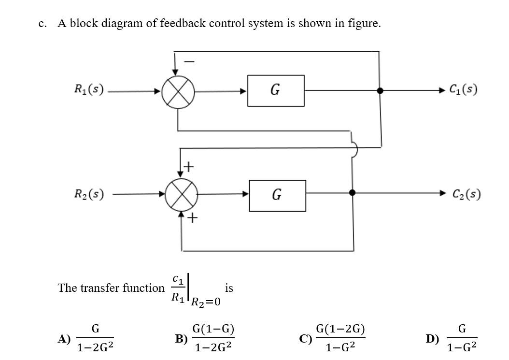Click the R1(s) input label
pyautogui.click(x=89, y=89)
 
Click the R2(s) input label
pyautogui.click(x=89, y=194)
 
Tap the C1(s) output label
pyautogui.click(x=463, y=90)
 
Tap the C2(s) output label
pyautogui.click(x=466, y=194)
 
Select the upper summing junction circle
pyautogui.click(x=178, y=91)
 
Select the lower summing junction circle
pyautogui.click(x=182, y=195)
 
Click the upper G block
pyautogui.click(x=276, y=90)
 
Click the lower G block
pyautogui.click(x=277, y=195)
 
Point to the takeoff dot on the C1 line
pyautogui.click(x=380, y=90)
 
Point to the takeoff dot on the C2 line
pyautogui.click(x=352, y=193)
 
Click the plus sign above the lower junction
pyautogui.click(x=189, y=167)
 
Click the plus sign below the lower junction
pyautogui.click(x=192, y=218)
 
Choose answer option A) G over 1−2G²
pyautogui.click(x=95, y=338)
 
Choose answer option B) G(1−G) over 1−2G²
pyautogui.click(x=213, y=338)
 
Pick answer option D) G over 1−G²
pyautogui.click(x=461, y=338)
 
